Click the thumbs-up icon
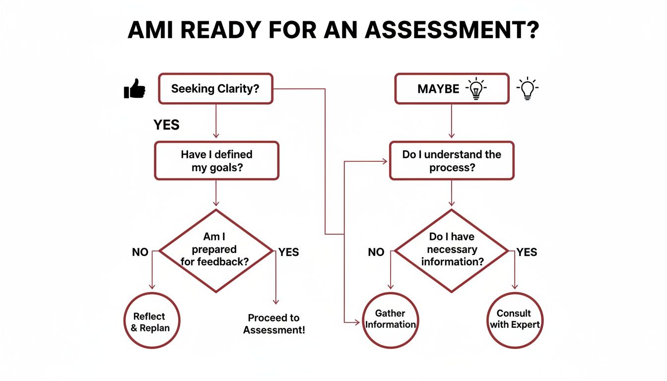134,90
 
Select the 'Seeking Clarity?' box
215,89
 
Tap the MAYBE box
452,89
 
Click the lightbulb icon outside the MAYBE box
528,89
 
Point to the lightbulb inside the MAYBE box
476,89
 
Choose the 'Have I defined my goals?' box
216,161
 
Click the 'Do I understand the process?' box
452,161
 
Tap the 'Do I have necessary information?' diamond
452,251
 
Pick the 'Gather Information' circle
391,320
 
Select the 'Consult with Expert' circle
514,320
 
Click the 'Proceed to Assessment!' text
274,324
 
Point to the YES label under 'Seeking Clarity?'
166,125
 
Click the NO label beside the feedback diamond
140,252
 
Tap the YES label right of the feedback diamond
288,252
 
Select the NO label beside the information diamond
376,252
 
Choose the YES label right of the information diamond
527,252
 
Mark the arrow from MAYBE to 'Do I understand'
452,122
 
